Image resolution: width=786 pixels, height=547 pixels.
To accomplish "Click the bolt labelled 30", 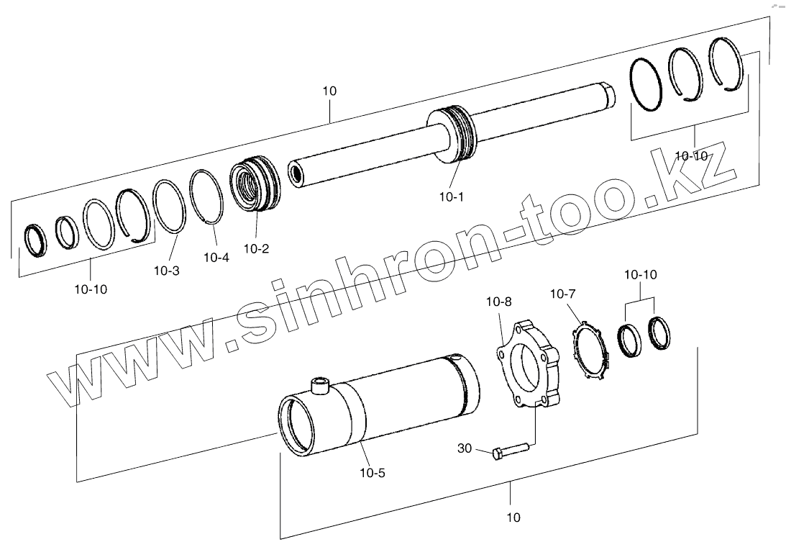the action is pyautogui.click(x=511, y=450).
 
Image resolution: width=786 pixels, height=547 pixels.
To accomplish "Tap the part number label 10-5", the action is pyautogui.click(x=373, y=473).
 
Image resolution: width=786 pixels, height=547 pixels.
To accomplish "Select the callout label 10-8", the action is pyautogui.click(x=499, y=302).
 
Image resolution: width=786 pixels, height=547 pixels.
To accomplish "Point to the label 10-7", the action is pyautogui.click(x=563, y=294).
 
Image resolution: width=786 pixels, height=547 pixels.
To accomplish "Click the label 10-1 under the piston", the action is pyautogui.click(x=452, y=197).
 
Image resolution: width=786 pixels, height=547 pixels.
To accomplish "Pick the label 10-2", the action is pyautogui.click(x=257, y=248).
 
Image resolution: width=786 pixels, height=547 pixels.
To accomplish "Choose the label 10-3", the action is pyautogui.click(x=166, y=271).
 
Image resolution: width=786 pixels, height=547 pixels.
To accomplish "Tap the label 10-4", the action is pyautogui.click(x=216, y=258).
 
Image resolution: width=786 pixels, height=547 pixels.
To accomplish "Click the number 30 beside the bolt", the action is pyautogui.click(x=465, y=448).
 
